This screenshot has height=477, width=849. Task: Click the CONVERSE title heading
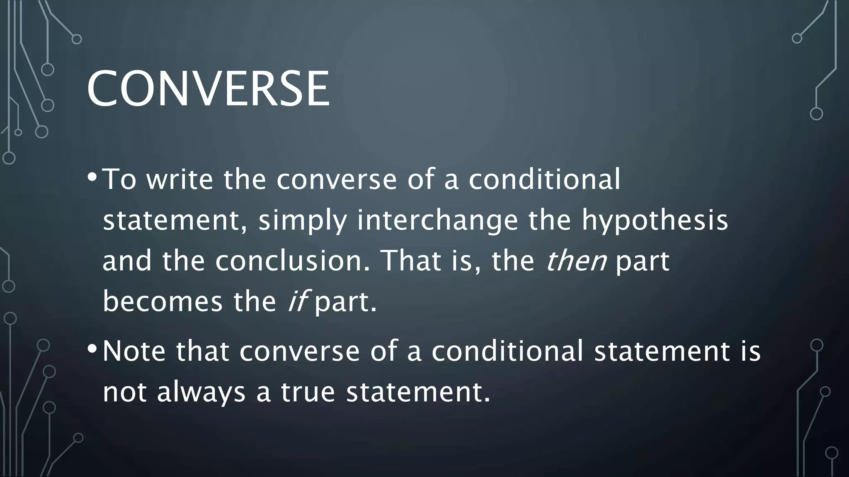[x=208, y=89]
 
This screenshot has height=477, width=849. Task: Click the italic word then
[x=576, y=261]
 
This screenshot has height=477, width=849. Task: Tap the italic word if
[x=296, y=301]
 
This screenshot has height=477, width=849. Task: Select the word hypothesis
[x=655, y=221]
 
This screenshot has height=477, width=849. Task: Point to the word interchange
[x=437, y=221]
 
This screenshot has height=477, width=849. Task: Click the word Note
[x=134, y=351]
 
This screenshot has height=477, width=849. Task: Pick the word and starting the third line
[x=127, y=261]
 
